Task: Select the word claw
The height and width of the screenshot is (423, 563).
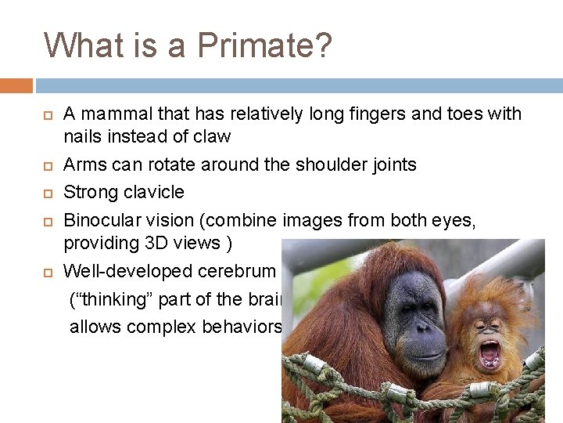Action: click(x=213, y=137)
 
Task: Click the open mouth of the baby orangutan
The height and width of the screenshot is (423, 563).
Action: click(x=490, y=354)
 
